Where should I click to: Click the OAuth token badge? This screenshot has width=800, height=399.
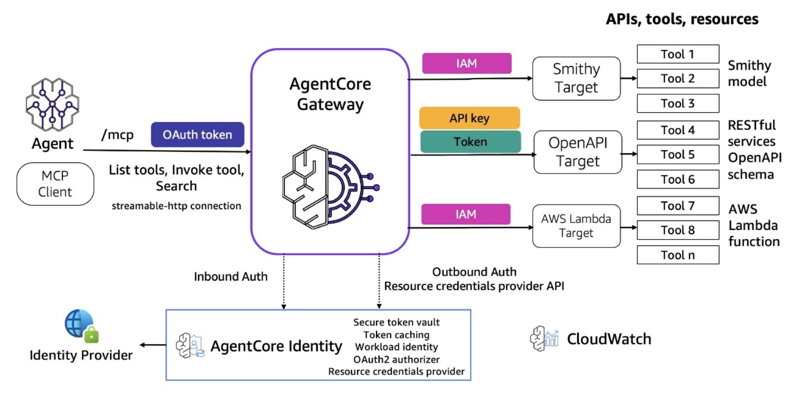point(197,135)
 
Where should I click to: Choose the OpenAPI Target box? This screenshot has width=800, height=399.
point(577,152)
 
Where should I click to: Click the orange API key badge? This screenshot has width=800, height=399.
point(469,118)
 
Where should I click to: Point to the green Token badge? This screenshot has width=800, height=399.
point(470,141)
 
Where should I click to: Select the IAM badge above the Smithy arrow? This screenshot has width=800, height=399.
point(466,63)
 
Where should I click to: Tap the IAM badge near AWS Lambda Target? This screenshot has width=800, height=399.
point(466,214)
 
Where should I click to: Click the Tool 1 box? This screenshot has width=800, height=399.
point(678,54)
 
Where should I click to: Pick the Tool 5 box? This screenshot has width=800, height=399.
point(678,154)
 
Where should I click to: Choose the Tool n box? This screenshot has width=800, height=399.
point(678,255)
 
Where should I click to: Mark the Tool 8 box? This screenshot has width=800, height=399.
point(678,230)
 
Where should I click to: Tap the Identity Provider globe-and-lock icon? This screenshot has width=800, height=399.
point(81,327)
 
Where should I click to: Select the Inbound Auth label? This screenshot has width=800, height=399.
point(231,277)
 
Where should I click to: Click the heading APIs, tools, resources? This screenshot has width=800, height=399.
point(681,19)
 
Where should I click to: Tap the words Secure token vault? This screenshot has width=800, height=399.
point(396,322)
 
